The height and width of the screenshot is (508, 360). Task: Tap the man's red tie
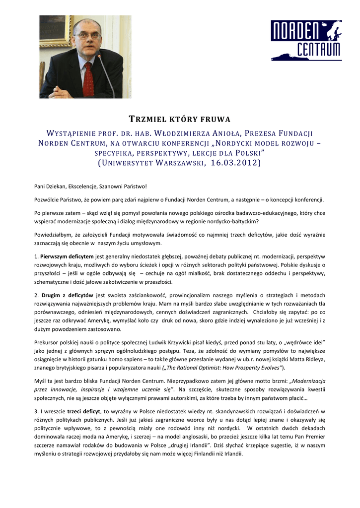88,79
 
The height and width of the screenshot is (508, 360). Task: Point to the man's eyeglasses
87,35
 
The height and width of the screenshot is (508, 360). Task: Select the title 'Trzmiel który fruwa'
180,119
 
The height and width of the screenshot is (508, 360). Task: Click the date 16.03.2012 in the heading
234,163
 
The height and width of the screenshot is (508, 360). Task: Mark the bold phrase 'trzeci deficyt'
84,411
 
